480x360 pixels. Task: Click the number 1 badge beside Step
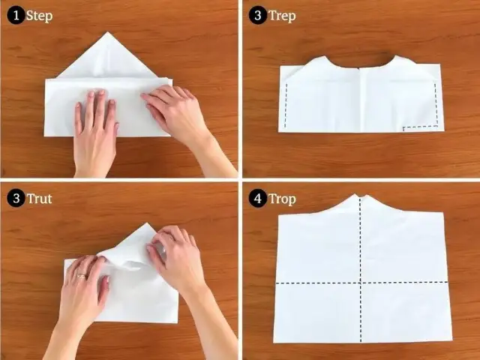(x=15, y=16)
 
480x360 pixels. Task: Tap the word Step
(x=39, y=16)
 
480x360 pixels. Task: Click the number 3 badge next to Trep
(x=258, y=16)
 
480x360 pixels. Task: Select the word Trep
(x=283, y=16)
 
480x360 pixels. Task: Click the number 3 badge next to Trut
(x=15, y=199)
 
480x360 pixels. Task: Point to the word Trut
(x=39, y=199)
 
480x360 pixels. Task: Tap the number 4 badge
(x=258, y=199)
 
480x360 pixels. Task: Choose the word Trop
(x=283, y=199)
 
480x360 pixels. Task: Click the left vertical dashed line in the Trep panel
(x=286, y=105)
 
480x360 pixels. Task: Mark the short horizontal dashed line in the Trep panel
(x=420, y=127)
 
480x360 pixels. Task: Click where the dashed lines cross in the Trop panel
(x=360, y=283)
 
